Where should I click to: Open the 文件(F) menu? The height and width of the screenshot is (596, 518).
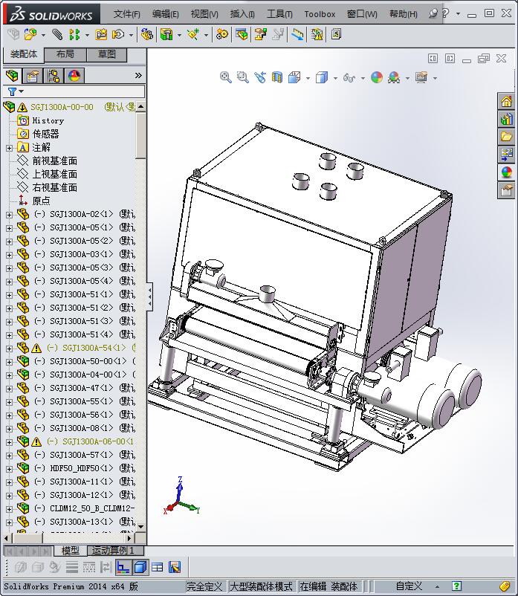(127, 14)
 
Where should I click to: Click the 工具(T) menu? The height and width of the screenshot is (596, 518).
(279, 14)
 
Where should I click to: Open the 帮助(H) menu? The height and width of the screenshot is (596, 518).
(403, 14)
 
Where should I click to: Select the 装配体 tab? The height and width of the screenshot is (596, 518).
(24, 54)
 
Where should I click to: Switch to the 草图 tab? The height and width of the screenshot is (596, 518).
(106, 54)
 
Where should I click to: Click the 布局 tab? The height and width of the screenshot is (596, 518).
(65, 54)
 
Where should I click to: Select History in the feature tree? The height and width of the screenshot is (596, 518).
(48, 120)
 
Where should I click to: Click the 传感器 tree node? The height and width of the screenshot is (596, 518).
(45, 134)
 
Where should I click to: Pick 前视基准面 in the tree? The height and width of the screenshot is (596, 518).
(54, 161)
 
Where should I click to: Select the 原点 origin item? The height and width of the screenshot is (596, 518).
(41, 201)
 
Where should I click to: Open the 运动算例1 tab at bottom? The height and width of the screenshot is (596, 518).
(113, 551)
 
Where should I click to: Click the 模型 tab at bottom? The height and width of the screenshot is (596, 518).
(71, 551)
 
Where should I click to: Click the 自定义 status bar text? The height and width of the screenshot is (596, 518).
(409, 586)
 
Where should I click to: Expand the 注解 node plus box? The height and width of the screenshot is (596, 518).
(9, 148)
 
